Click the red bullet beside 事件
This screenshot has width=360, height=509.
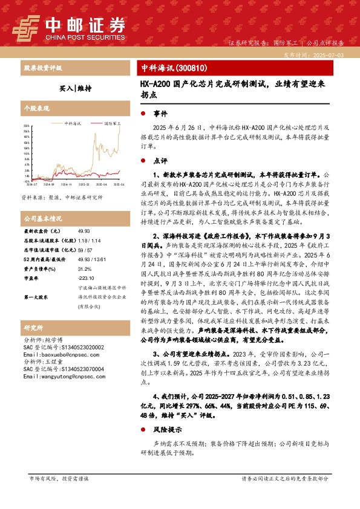[143, 114]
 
